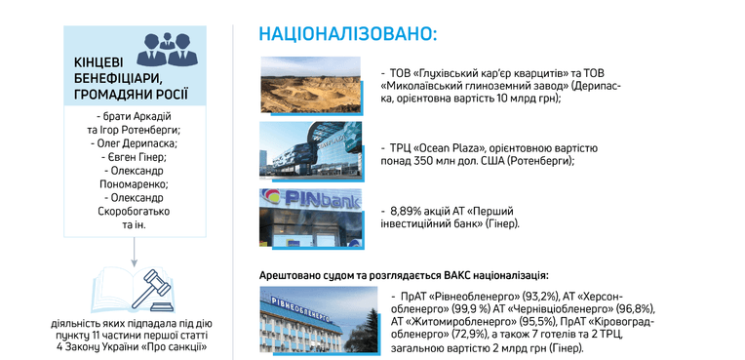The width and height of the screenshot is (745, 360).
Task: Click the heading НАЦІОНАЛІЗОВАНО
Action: coord(348,35)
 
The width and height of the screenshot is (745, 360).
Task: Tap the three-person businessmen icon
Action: coord(168,50)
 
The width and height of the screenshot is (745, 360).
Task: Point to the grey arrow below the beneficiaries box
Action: coord(135,251)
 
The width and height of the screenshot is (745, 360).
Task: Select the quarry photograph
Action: coord(311,85)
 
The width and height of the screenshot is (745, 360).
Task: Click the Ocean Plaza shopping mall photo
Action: coord(310,150)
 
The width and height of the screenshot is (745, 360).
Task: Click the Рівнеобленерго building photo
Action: coord(319,319)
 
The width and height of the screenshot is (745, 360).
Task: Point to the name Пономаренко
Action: coord(135,183)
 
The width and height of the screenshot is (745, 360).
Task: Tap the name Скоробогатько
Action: coord(134,211)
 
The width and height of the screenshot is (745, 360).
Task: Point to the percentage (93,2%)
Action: coord(540,297)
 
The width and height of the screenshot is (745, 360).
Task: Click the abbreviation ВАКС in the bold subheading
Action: coord(457,275)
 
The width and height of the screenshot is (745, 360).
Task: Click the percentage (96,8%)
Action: coord(637,309)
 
